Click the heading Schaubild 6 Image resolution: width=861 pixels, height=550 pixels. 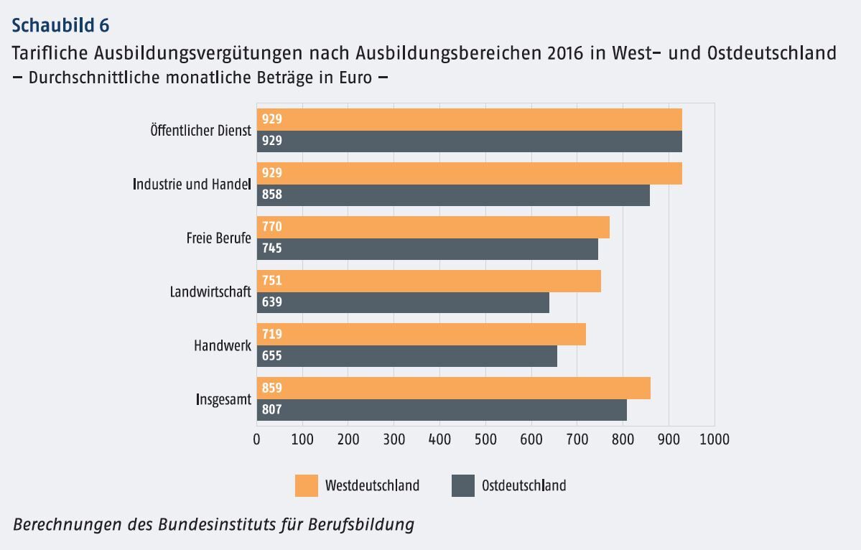point(61,26)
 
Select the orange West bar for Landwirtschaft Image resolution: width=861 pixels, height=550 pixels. point(428,281)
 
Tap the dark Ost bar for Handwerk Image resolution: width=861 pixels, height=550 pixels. point(406,356)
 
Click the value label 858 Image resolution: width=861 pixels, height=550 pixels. point(272,195)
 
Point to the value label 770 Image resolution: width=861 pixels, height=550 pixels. point(272,227)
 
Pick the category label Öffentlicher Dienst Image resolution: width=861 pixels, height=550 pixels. point(200,131)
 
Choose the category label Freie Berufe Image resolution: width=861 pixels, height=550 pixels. point(218,238)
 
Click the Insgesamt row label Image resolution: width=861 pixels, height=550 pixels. point(223,399)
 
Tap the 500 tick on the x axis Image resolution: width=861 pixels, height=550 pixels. point(485,438)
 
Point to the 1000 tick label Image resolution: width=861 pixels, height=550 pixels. point(713,438)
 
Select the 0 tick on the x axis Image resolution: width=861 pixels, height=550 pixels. point(257,438)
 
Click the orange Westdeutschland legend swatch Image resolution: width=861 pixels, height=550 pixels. point(306,485)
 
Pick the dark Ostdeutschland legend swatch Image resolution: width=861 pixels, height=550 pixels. point(463,485)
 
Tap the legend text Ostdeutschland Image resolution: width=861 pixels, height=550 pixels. point(523,485)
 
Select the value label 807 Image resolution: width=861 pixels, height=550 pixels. point(272,410)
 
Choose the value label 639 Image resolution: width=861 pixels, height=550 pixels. point(272,302)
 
